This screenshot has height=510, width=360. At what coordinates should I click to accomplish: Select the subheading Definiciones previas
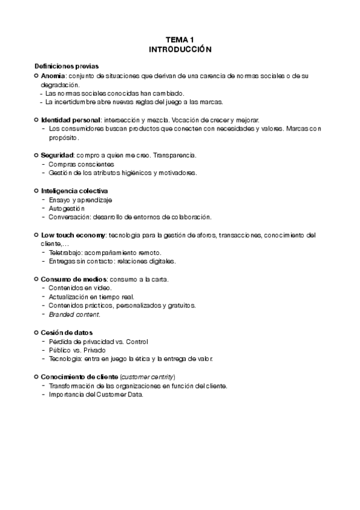67,66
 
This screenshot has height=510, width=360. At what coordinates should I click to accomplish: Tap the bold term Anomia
52,76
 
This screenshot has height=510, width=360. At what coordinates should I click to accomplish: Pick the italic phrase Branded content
75,315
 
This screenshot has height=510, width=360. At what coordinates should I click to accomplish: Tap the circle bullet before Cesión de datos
36,332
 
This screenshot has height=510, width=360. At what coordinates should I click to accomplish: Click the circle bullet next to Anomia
36,76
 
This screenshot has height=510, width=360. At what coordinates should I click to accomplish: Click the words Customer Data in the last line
121,394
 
